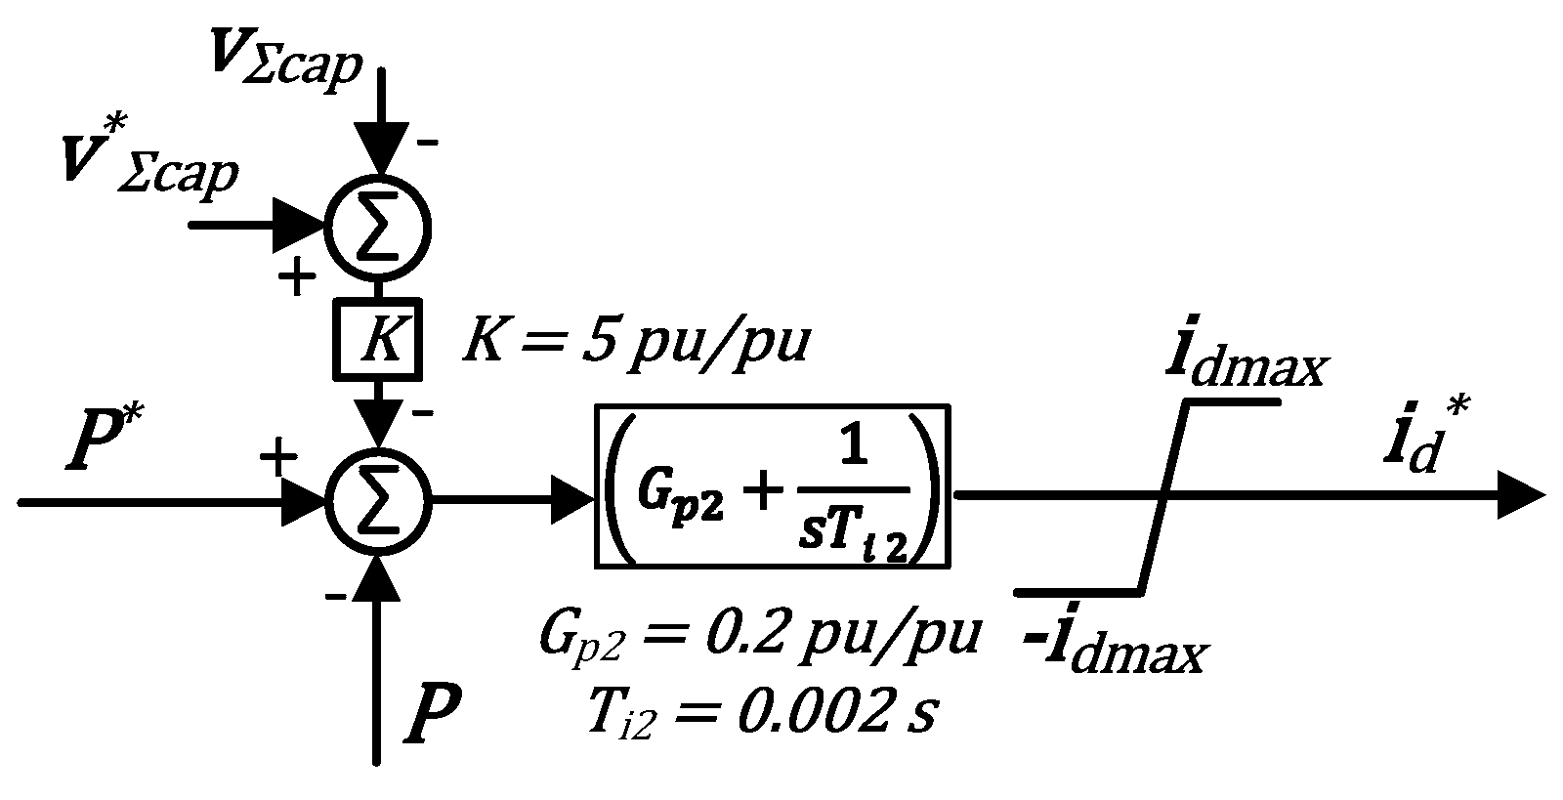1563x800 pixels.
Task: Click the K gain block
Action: point(377,338)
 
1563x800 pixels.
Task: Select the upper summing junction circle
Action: point(377,227)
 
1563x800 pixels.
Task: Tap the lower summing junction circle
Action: point(377,500)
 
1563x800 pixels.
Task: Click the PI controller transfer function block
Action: point(773,485)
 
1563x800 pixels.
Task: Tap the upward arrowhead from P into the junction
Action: point(377,568)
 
